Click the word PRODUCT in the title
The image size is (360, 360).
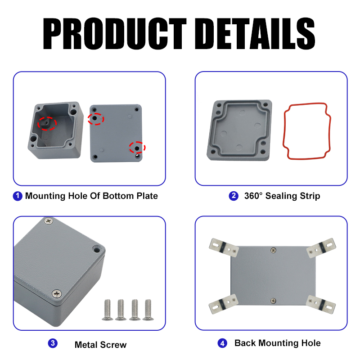point(114,33)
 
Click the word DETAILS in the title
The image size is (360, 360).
point(255,33)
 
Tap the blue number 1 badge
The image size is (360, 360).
point(18,196)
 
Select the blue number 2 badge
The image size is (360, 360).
point(234,196)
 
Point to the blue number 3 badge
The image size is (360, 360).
point(53,343)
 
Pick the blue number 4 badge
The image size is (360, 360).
point(222,343)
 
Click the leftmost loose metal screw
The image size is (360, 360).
point(108,310)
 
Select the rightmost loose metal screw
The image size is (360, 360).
point(148,310)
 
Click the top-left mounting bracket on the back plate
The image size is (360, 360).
point(223,247)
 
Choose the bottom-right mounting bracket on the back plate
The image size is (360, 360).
point(321,304)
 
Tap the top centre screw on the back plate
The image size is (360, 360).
point(273,250)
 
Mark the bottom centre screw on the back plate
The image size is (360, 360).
point(273,301)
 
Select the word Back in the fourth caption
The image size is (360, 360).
point(245,343)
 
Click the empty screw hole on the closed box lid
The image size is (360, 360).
point(96,249)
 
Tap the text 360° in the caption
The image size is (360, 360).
point(253,196)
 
